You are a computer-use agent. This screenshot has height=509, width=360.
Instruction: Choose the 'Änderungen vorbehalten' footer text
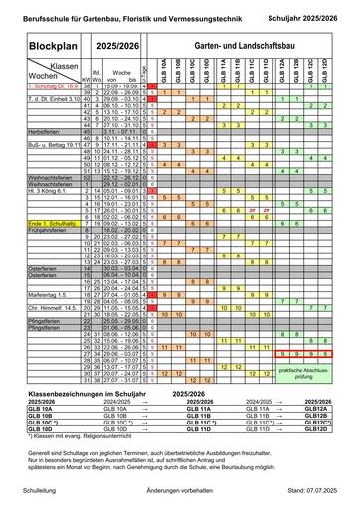[x=179, y=490]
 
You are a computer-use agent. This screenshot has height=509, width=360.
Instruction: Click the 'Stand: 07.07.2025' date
[x=317, y=490]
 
